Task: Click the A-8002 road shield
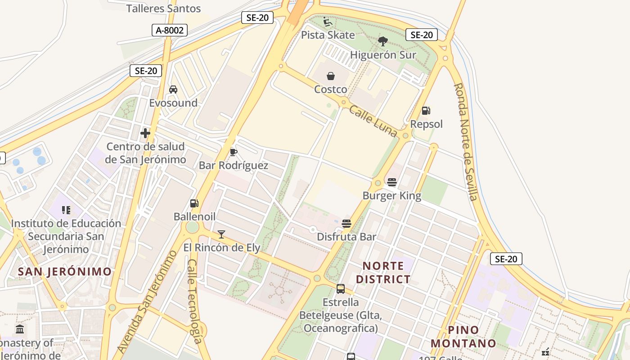[x=170, y=30]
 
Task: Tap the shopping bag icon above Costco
[x=331, y=76]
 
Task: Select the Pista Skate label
[x=328, y=35]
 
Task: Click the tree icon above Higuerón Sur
[x=383, y=41]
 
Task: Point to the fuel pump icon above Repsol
[x=426, y=110]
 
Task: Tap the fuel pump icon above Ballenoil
[x=194, y=203]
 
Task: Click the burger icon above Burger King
[x=392, y=182]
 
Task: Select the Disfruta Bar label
[x=346, y=237]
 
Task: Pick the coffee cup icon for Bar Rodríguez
[x=233, y=152]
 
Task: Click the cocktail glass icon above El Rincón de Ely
[x=221, y=234]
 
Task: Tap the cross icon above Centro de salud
[x=145, y=133]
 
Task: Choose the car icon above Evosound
[x=173, y=90]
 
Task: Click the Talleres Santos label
[x=163, y=9]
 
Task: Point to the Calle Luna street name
[x=373, y=121]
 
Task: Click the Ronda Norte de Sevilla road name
[x=465, y=142]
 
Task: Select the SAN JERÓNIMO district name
[x=65, y=271]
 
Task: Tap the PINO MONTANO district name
[x=463, y=337]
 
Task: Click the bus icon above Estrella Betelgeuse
[x=341, y=288]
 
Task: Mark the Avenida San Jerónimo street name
[x=147, y=301]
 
